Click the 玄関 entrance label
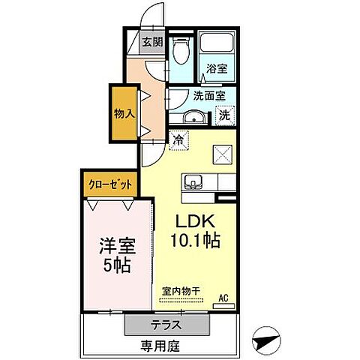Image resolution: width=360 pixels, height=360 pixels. tap(152, 43)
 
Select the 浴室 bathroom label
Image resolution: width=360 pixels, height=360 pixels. tap(218, 67)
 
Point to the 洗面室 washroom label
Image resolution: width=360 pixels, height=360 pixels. tap(209, 95)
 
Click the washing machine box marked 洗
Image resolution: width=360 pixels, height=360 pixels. tap(224, 116)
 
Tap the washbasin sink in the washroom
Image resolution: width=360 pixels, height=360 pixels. tap(192, 117)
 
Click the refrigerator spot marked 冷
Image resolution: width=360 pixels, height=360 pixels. tap(178, 139)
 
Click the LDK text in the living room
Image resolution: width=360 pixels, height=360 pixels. tap(196, 222)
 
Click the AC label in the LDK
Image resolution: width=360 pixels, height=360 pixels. tap(223, 297)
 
